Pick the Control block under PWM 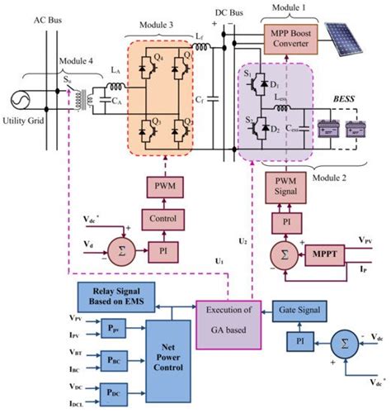(x=170, y=221)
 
